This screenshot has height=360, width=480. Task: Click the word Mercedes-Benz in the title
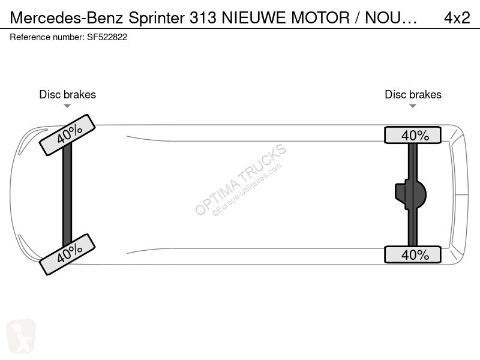click(67, 17)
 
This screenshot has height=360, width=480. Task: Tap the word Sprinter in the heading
click(157, 18)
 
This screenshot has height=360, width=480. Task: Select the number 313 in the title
click(203, 18)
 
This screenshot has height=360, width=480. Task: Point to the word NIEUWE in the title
click(254, 18)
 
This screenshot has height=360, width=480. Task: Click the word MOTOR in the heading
click(320, 18)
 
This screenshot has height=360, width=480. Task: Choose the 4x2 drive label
click(457, 18)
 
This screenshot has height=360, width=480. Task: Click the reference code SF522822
click(107, 37)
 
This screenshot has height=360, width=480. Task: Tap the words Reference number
click(46, 37)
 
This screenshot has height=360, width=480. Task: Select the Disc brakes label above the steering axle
click(67, 95)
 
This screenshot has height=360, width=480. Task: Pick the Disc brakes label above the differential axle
click(413, 95)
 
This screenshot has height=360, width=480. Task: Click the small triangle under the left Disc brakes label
click(67, 106)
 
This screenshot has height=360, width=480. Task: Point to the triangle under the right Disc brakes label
click(413, 106)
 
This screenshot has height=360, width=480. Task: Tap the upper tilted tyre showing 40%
click(67, 135)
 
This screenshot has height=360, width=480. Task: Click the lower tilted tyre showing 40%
click(67, 254)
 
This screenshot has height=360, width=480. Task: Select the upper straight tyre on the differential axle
click(413, 135)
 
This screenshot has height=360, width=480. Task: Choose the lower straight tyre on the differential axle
click(413, 254)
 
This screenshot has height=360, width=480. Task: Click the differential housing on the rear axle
click(410, 194)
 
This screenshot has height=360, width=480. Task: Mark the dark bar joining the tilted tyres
click(67, 194)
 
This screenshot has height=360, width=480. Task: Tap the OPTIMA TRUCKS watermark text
click(241, 179)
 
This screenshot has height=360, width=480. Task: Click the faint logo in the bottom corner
click(21, 336)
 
